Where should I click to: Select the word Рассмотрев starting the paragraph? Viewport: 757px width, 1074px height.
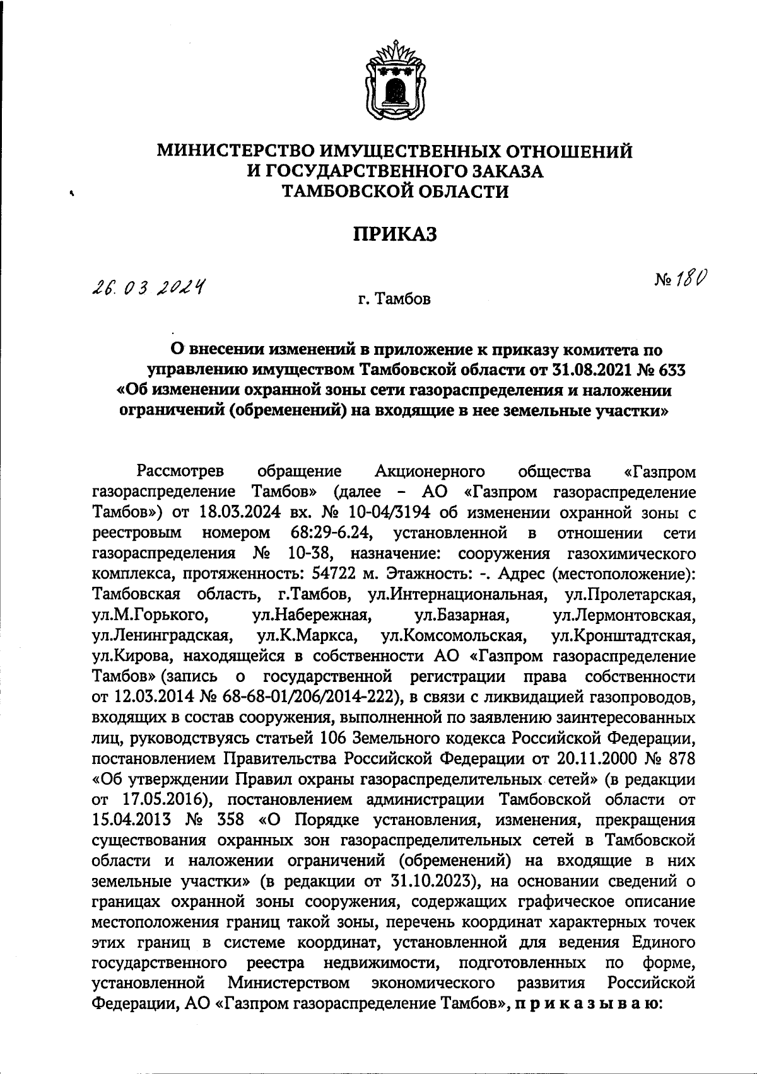(180, 471)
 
